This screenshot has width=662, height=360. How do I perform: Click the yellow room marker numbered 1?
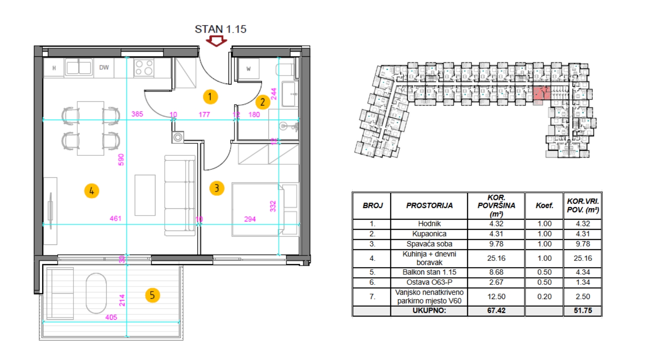[x=210, y=97]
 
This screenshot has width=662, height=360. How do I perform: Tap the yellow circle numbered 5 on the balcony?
[x=152, y=295]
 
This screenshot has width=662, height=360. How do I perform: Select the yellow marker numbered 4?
[x=92, y=191]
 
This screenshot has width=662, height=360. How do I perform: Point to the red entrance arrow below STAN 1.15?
[x=216, y=41]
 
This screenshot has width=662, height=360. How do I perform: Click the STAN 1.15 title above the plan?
[x=221, y=29]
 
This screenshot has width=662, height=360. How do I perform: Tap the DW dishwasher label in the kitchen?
[x=104, y=68]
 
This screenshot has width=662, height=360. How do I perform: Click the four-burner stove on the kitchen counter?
[x=144, y=67]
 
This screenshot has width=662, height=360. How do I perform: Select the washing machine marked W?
[x=249, y=68]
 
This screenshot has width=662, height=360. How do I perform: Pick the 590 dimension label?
[x=121, y=160]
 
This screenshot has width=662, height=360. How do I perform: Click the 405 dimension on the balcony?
[x=111, y=318]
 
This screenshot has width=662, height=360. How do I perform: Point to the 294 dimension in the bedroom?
[x=250, y=219]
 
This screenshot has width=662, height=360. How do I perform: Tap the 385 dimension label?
[x=137, y=114]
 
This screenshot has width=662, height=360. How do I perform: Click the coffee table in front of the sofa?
[x=145, y=195]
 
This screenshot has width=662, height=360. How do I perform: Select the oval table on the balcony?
[x=96, y=293]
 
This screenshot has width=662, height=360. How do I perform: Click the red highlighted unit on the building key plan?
[x=542, y=94]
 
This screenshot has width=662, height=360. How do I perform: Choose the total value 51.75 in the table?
[x=583, y=310]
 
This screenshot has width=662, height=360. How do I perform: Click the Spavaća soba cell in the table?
[x=429, y=244]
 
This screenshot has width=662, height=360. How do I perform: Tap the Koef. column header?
[x=544, y=205]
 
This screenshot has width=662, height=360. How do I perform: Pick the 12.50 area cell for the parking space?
[x=496, y=297]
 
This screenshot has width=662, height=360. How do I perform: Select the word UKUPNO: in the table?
[x=429, y=310]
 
